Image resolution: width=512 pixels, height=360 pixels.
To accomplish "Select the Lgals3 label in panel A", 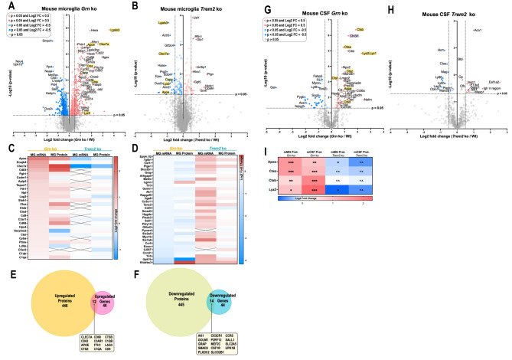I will [x=115, y=30].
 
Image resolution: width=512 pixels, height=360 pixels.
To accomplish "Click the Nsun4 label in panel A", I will [x=18, y=61].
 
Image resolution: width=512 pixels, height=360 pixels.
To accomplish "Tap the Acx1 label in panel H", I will [x=478, y=29].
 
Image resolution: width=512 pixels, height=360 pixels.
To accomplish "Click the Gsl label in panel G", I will [x=272, y=88].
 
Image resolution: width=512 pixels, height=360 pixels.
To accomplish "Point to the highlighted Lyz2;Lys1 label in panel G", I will [x=369, y=54].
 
